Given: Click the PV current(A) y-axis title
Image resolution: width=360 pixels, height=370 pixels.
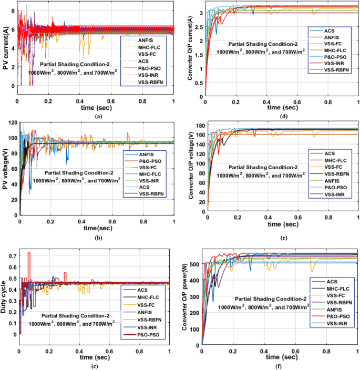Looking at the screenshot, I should (x=5, y=49).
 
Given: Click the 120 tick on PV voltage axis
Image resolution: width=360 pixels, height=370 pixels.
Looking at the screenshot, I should (x=12, y=122).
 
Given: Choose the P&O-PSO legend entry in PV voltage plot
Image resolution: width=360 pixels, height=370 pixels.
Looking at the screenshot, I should (x=151, y=161).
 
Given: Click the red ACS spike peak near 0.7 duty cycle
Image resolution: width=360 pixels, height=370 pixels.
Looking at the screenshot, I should (x=29, y=253).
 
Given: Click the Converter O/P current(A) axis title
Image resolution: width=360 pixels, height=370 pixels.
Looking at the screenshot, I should (x=190, y=49).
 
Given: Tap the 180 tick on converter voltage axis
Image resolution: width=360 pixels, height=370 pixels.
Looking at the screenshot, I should (x=199, y=125).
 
